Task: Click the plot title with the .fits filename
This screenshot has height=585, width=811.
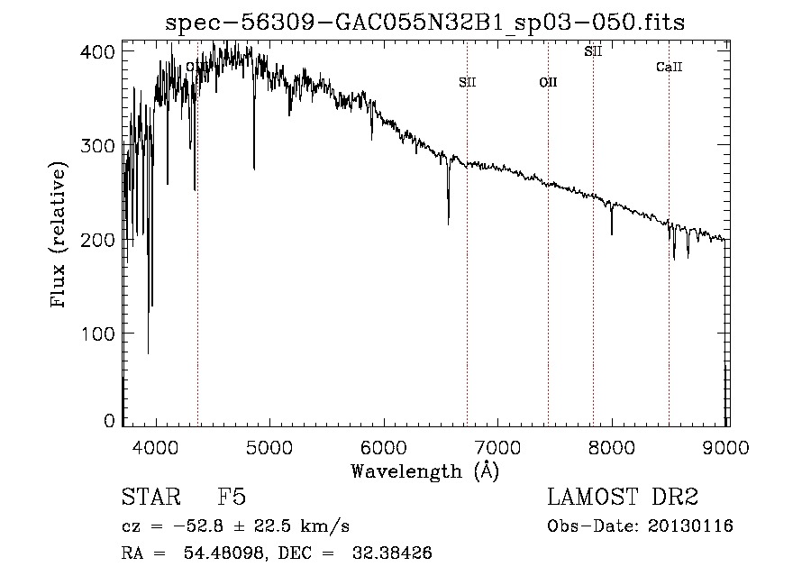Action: point(425,23)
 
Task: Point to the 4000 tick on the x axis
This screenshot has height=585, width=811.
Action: point(156,446)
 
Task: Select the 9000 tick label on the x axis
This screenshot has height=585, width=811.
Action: point(727,446)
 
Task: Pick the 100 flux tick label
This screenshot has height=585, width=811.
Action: point(101,334)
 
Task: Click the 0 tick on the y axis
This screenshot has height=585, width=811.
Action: point(110,421)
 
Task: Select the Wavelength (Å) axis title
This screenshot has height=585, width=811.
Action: point(425,471)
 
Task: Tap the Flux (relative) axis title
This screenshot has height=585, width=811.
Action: point(60,236)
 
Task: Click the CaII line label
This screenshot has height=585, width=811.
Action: point(669,68)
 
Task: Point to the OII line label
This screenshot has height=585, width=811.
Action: point(548,83)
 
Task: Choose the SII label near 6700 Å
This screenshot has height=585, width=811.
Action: point(467,83)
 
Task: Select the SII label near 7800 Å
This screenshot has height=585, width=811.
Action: point(593,52)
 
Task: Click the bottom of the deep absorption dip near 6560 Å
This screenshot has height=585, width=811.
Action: point(449,223)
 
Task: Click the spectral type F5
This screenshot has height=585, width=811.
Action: point(232,498)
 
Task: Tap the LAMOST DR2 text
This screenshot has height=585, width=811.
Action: point(623,498)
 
